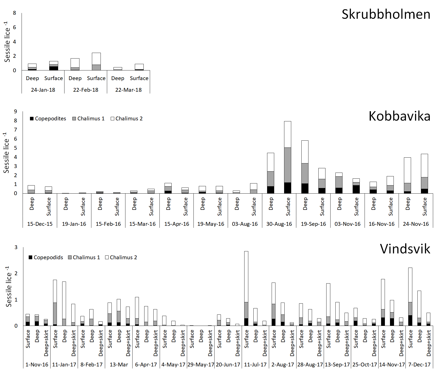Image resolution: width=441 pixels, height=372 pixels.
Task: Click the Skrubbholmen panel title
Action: [386, 14]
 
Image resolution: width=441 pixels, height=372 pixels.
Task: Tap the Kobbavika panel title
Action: [399, 116]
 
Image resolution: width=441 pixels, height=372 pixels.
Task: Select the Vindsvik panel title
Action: [405, 249]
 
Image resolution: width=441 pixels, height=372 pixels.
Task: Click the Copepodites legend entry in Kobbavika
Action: [48, 119]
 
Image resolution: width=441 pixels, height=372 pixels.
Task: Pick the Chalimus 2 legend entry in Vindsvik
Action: [121, 257]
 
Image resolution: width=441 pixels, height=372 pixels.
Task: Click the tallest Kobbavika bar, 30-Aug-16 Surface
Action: [287, 157]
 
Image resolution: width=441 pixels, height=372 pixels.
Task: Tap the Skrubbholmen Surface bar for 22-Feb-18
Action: [96, 62]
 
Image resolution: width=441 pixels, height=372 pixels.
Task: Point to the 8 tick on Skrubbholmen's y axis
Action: [14, 13]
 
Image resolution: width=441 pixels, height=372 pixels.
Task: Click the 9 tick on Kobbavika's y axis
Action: [16, 111]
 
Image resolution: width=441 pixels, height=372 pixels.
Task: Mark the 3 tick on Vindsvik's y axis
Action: [16, 247]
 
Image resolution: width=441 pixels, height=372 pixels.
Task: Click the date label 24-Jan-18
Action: [43, 90]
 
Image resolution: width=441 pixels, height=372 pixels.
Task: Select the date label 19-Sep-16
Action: [313, 224]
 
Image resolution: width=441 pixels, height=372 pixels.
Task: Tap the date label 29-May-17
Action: [201, 365]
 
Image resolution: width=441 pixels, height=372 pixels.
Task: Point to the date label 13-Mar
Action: [119, 365]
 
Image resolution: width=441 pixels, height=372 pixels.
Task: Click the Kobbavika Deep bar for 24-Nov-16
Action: [407, 175]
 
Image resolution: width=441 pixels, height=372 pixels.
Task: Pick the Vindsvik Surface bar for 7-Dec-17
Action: [410, 296]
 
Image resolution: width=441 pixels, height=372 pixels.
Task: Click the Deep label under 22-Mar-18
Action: [118, 78]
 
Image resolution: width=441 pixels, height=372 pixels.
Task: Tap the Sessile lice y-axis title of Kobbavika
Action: [6, 153]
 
